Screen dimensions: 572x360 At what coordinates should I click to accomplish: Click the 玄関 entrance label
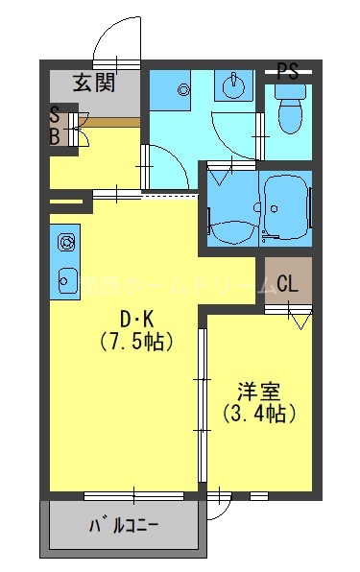(x=93, y=83)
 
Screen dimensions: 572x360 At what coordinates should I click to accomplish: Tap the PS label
(x=287, y=70)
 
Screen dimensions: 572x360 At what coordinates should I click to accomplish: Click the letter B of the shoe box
(x=55, y=136)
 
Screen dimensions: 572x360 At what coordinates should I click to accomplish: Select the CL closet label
(x=287, y=284)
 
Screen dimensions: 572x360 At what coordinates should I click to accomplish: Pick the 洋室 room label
(x=258, y=392)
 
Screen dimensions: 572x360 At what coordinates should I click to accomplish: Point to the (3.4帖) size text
(x=258, y=414)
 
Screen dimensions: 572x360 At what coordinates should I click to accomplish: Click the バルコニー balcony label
(x=124, y=526)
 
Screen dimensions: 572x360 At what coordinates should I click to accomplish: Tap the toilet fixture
(x=288, y=113)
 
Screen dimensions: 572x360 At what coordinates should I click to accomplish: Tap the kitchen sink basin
(x=67, y=279)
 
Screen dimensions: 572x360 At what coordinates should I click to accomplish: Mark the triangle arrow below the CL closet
(x=300, y=322)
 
